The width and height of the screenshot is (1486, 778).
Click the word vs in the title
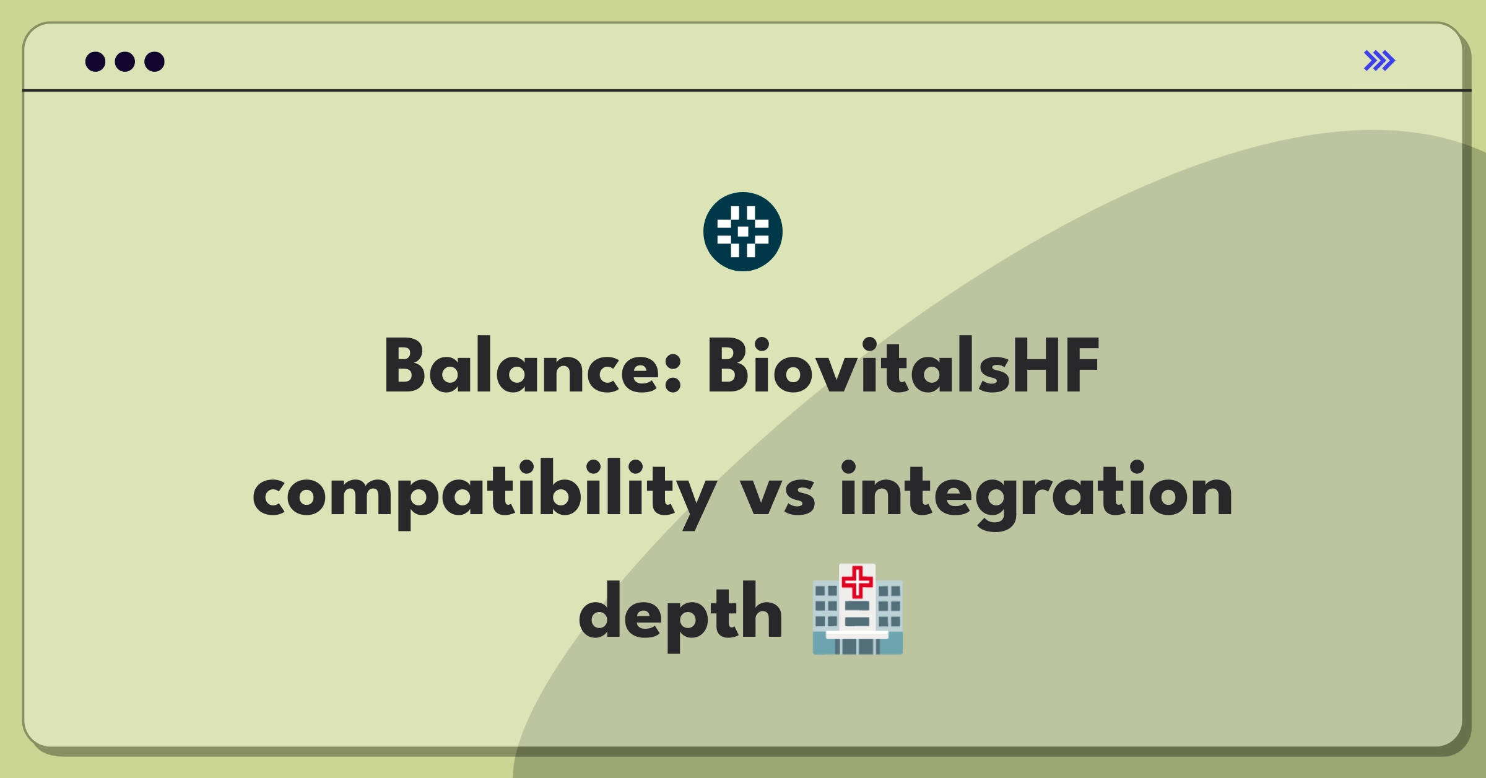(x=778, y=496)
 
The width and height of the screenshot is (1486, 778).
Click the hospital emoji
(x=858, y=610)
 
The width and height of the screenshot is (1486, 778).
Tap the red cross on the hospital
(x=858, y=582)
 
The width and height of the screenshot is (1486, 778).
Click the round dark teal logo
(x=743, y=232)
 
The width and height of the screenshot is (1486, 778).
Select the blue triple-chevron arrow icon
(x=1380, y=61)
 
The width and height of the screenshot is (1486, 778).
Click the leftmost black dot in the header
(x=95, y=61)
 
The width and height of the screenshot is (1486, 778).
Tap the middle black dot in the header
(x=125, y=61)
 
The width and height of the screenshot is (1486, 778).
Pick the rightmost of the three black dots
(x=155, y=61)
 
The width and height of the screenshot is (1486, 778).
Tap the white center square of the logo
(x=743, y=232)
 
